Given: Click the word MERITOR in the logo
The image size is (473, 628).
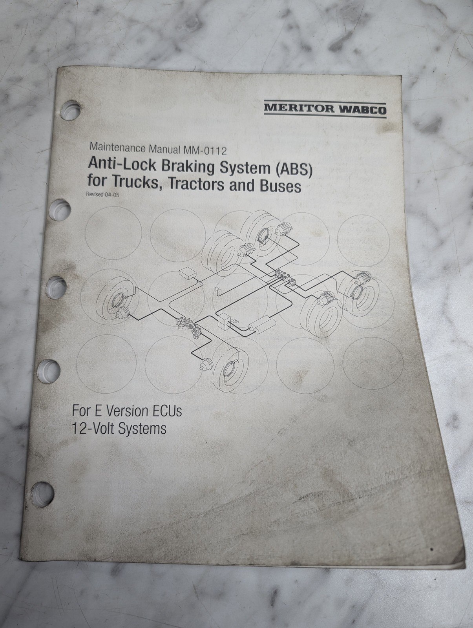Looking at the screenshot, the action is [299, 108].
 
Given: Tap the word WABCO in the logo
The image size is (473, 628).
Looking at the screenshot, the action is [362, 109].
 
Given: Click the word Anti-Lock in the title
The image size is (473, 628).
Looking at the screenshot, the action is [122, 164].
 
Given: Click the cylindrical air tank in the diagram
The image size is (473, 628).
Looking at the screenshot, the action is [261, 325].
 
